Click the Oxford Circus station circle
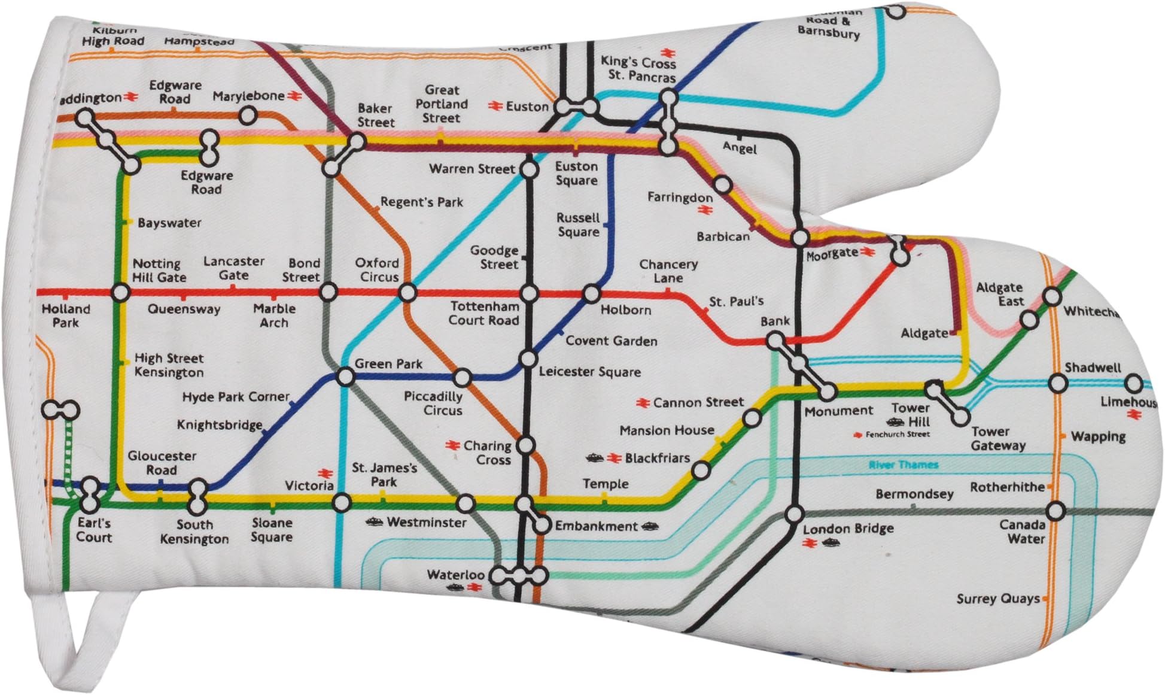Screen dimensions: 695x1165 [407, 293]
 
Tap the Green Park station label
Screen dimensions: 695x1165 [388, 364]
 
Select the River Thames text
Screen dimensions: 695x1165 [904, 465]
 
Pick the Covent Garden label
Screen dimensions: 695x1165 [611, 341]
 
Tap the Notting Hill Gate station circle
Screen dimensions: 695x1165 [120, 293]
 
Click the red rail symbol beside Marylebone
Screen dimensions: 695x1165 [293, 96]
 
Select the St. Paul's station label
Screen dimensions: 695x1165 [736, 302]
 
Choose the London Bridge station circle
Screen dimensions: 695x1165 [795, 515]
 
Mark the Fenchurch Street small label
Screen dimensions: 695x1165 [898, 435]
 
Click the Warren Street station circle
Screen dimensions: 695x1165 [529, 170]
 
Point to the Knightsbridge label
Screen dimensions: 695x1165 [220, 425]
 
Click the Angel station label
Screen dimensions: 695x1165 [740, 148]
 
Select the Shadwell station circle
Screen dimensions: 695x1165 [1057, 383]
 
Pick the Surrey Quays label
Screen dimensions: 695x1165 [997, 599]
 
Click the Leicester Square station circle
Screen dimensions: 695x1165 [528, 360]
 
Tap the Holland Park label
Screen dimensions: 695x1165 [66, 316]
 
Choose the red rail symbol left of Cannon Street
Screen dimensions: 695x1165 [644, 403]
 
